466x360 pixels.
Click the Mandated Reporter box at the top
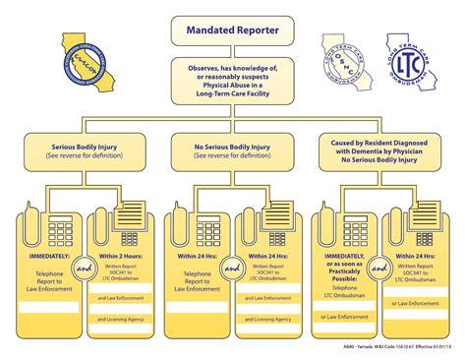(x=234, y=30)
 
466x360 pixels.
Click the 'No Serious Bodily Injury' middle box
(x=234, y=151)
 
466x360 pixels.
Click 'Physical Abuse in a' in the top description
(x=234, y=88)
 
